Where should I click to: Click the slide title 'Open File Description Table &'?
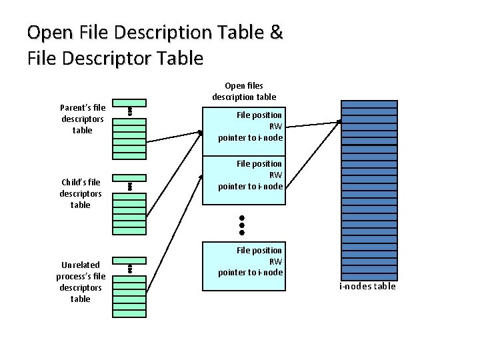[155, 31]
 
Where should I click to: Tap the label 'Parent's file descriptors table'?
[83, 119]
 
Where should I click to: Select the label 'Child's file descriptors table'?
[81, 193]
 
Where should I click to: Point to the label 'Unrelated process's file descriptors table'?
[81, 282]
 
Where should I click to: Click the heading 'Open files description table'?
[244, 91]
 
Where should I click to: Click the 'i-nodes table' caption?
[367, 286]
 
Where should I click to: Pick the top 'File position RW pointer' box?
[244, 126]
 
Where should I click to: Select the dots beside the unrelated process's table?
[131, 269]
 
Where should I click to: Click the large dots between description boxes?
[243, 225]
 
